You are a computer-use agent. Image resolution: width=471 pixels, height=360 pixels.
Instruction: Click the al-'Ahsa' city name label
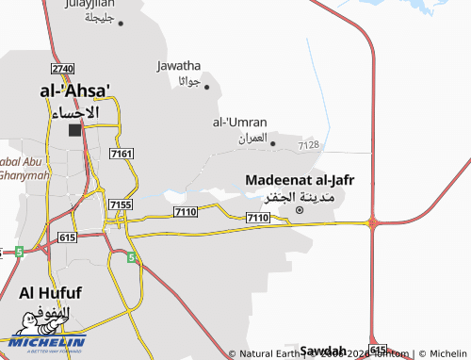click(74, 90)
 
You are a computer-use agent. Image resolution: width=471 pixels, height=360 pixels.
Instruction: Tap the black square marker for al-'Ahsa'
click(74, 130)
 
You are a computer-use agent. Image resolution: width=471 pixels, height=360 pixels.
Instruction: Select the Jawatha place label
click(178, 66)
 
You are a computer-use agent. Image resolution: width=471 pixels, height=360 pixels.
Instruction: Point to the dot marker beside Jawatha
click(206, 87)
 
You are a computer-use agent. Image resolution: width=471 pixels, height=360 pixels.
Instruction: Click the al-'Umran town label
click(239, 123)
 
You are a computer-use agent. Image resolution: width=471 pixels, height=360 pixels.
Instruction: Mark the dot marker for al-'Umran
click(273, 143)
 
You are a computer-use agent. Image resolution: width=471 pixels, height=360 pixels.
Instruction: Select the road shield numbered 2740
click(63, 70)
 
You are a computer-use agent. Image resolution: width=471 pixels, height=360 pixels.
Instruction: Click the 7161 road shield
click(122, 153)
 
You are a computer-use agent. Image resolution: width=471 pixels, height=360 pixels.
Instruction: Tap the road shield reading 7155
click(120, 205)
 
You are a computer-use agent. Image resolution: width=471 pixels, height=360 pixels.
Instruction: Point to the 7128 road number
click(308, 145)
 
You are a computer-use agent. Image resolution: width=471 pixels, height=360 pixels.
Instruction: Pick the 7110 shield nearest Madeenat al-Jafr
click(257, 218)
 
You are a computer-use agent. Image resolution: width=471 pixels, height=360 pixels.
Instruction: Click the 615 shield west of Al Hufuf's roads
click(66, 238)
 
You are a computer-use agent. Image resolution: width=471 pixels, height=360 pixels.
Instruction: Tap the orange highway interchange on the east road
click(373, 223)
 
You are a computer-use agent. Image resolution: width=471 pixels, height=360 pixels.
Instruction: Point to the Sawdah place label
click(323, 350)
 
